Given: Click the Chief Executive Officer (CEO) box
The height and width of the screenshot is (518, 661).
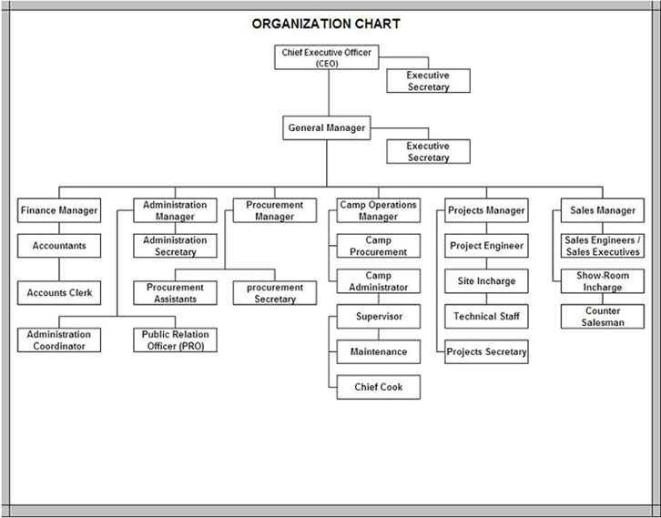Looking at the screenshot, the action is (327, 57).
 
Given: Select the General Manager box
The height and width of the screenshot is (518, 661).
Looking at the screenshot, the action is (327, 127).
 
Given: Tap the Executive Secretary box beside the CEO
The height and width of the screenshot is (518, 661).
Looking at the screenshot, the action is (428, 81).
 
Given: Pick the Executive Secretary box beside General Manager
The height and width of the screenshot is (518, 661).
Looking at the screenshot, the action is (428, 151).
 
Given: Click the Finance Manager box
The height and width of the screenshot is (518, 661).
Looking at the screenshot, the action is (59, 210).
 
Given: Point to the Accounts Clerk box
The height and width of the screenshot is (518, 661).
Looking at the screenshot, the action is (59, 293).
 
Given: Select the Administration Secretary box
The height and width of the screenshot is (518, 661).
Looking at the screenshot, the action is (176, 246).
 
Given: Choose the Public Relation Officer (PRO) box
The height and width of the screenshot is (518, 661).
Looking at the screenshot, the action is (176, 340).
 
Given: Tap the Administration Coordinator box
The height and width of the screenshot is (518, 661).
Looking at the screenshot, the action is (59, 340).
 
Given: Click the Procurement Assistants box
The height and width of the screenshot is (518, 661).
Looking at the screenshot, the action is (176, 293).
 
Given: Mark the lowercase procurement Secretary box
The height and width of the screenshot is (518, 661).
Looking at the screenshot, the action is (275, 293).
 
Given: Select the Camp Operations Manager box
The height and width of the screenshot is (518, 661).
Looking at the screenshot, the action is (379, 210).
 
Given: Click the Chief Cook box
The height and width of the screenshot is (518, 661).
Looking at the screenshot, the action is (379, 387).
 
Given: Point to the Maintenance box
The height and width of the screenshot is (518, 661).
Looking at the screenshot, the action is (379, 351).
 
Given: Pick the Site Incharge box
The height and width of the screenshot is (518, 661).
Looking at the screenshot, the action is (486, 281).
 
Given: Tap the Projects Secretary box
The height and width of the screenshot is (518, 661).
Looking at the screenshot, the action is (486, 351).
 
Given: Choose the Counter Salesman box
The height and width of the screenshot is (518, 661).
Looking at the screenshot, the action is (603, 317).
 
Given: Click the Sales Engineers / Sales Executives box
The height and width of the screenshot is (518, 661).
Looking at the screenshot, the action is (603, 246).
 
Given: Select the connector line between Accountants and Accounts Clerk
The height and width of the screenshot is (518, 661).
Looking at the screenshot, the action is (59, 269).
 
